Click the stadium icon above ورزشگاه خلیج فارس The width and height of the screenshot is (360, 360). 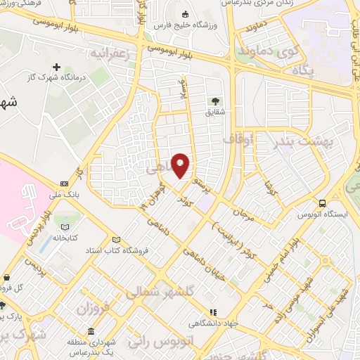[x=185, y=13]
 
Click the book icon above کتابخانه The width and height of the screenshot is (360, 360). [x=65, y=227]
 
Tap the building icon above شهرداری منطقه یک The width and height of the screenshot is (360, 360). [x=91, y=331]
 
